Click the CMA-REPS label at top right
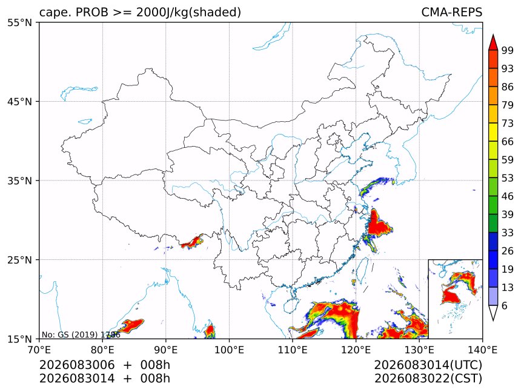point(451,12)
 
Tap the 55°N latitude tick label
point(19,23)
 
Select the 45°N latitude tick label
point(19,101)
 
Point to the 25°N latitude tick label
point(19,259)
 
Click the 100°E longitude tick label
point(229,350)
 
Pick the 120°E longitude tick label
point(356,350)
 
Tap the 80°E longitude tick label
point(102,350)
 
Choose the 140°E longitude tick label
point(482,350)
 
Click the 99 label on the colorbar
point(508,51)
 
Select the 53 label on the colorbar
point(508,178)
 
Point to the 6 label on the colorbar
point(505,305)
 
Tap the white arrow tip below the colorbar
point(493,320)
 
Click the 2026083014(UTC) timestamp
point(428,365)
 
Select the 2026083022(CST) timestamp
point(428,379)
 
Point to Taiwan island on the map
point(362,270)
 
